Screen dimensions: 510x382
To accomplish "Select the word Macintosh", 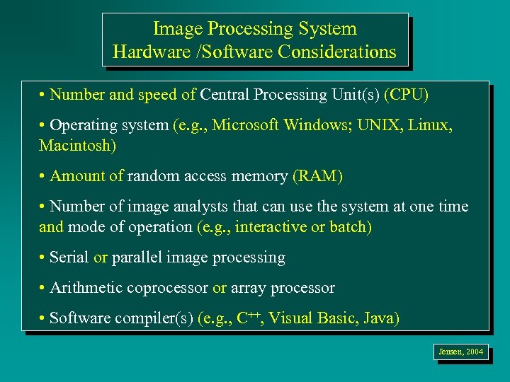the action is (x=76, y=146).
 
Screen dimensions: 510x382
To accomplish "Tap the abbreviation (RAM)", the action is (x=317, y=176).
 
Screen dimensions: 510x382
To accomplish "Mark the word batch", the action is (x=350, y=227).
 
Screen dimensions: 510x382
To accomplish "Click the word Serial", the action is (x=69, y=257).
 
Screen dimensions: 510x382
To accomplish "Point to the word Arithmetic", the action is (x=86, y=288).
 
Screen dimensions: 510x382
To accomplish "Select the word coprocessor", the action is (x=167, y=288).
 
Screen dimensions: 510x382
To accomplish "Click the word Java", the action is (x=380, y=318).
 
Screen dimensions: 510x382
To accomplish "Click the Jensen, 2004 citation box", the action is (x=460, y=351).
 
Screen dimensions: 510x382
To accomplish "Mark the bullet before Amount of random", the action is (x=44, y=176).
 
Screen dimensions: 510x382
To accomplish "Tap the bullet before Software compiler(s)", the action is (x=44, y=318).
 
